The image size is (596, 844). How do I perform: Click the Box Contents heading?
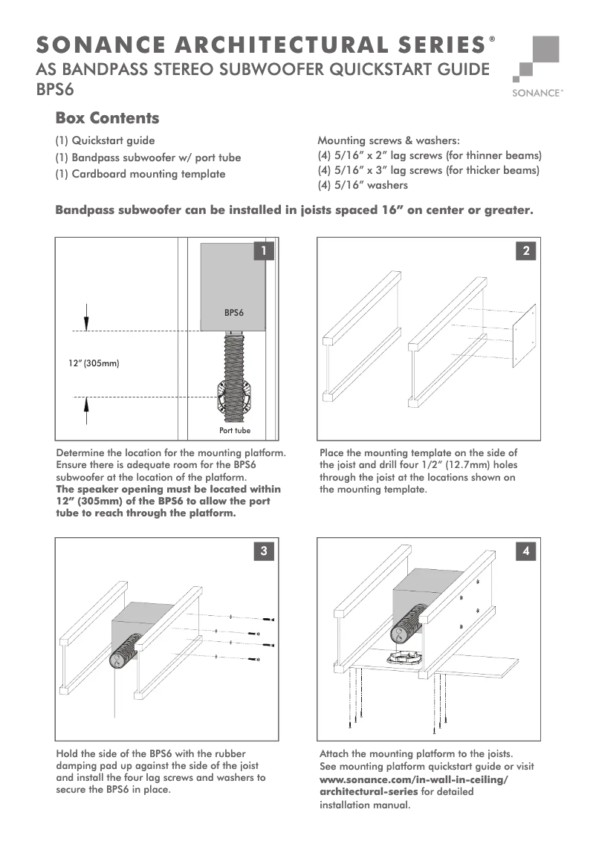pos(107,118)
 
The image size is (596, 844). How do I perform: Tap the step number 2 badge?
pos(526,251)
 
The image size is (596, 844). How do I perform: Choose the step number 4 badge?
pos(526,551)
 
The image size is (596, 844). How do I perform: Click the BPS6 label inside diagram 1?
pos(234,314)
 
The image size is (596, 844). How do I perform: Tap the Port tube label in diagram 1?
pos(234,430)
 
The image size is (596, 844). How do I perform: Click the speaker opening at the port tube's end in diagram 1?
pos(234,400)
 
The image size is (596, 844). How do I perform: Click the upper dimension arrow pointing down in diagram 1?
pos(86,316)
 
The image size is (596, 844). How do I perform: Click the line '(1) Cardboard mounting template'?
pos(140,174)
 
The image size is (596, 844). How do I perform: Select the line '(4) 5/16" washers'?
pos(363,185)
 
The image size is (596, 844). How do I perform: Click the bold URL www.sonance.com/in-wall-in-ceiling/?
pos(414,779)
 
